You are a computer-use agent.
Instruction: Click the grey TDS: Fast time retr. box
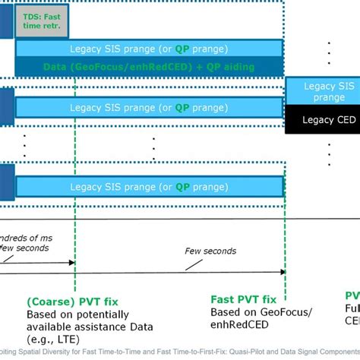(x=42, y=21)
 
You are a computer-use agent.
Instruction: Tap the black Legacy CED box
(x=322, y=120)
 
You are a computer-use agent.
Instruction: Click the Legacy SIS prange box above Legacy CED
(x=322, y=92)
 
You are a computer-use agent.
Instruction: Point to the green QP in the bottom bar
(x=183, y=187)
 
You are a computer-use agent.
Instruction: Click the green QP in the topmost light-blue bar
(x=183, y=49)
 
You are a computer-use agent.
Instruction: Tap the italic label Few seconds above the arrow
(x=210, y=251)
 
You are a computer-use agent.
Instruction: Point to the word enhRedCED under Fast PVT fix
(x=236, y=324)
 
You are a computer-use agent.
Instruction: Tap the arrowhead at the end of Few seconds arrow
(x=282, y=262)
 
